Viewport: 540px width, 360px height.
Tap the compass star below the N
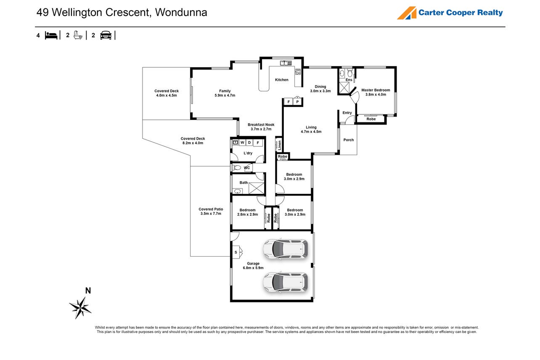point(80,308)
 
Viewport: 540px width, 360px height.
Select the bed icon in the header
point(51,35)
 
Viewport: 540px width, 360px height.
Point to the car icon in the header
point(106,35)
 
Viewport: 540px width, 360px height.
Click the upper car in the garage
point(286,249)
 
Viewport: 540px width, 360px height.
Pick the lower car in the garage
point(286,282)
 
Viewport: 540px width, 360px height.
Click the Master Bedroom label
point(376,90)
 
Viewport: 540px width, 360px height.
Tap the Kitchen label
point(282,80)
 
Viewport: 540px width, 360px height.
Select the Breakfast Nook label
point(261,124)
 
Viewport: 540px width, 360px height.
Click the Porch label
point(349,140)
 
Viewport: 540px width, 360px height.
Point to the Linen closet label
point(280,145)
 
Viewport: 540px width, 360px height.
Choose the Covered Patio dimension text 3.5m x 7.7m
point(211,214)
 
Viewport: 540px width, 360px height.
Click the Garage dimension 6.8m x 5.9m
point(253,268)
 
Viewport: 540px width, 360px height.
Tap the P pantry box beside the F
point(297,102)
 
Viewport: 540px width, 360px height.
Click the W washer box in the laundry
point(242,143)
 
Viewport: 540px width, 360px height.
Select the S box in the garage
point(236,252)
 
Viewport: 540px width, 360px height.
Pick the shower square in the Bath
point(256,188)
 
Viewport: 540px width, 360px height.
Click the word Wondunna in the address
point(181,13)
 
